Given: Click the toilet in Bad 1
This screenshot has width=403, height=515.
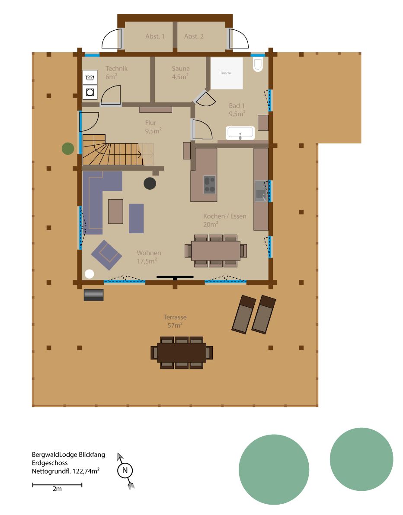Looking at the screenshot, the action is click(x=258, y=65).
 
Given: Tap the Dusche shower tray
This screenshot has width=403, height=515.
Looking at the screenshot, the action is click(x=227, y=73).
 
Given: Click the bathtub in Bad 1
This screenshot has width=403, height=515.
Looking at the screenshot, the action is click(x=240, y=133).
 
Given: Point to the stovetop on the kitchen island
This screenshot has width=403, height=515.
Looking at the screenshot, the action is click(x=209, y=184).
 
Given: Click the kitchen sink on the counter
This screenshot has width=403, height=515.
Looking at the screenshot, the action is click(x=261, y=191).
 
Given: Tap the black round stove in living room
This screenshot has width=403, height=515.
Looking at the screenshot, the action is click(x=150, y=183).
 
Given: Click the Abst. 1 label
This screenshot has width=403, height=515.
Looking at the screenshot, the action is click(x=155, y=36).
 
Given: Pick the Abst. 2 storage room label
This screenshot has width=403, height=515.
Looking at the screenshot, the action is click(x=194, y=36).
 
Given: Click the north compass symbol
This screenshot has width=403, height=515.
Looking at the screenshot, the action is click(x=125, y=470).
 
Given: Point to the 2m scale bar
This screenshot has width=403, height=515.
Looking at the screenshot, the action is click(x=57, y=485).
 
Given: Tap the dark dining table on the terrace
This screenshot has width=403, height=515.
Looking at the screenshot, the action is click(x=182, y=353).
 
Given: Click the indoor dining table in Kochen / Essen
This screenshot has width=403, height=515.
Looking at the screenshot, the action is click(x=216, y=251).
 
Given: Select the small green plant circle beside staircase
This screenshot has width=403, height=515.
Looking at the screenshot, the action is click(x=68, y=149).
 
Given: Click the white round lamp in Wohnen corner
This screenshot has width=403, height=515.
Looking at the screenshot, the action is click(x=89, y=273).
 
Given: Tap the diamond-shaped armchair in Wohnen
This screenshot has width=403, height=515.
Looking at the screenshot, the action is click(x=106, y=255).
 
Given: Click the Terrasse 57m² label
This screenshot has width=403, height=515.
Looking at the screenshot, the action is click(x=175, y=321).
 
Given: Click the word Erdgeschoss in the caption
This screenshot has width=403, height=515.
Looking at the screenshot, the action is click(x=50, y=463).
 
